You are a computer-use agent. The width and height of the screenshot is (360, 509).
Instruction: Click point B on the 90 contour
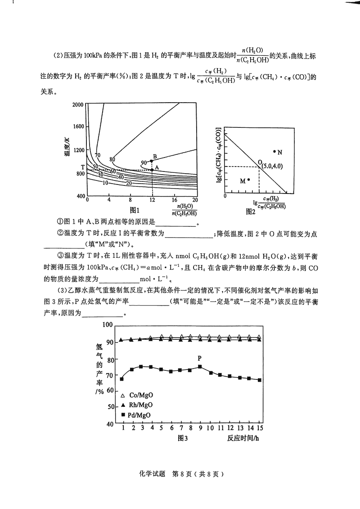coord(152,161)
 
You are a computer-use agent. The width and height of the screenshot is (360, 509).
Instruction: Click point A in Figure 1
coord(152,170)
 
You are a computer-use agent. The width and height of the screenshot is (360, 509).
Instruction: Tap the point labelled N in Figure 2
coord(274,151)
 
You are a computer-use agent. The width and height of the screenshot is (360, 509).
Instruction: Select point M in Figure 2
coord(248,180)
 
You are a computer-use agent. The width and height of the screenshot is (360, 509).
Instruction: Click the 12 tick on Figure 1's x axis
coord(152,199)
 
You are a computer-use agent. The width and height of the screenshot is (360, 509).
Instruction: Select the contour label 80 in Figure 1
coord(112,159)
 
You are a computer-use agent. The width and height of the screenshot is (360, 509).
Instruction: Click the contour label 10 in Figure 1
coord(105,183)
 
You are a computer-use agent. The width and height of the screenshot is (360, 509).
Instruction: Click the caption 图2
coord(251,210)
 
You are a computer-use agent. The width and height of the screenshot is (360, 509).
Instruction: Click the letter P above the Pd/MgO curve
coord(200,358)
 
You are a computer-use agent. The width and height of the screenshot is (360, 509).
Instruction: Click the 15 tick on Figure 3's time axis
coord(260,427)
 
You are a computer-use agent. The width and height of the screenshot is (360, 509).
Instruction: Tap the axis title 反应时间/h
coord(243,438)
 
